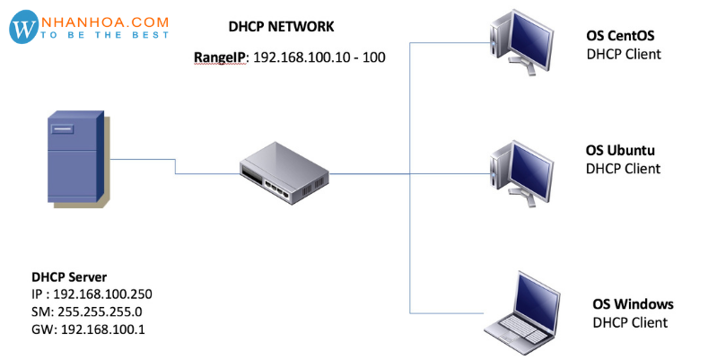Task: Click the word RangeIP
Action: (221, 57)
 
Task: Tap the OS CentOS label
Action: (620, 37)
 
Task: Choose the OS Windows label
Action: (633, 304)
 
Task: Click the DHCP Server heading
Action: (69, 277)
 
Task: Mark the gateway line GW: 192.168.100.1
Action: (88, 329)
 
